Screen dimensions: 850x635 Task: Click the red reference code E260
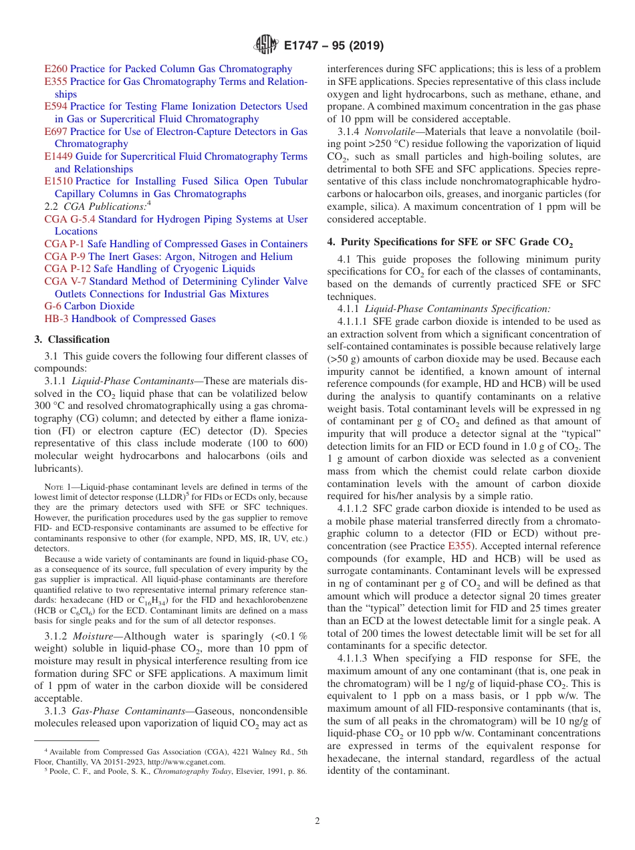[x=55, y=69]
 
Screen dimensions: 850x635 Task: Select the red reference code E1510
[x=58, y=182]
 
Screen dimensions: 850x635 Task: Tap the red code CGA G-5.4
[x=70, y=219]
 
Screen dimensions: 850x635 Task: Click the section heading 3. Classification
[x=72, y=339]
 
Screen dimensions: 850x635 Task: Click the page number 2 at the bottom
[x=317, y=821]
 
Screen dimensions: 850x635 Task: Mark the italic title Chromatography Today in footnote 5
[x=188, y=771]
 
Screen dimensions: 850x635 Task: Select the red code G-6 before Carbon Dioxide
[x=53, y=307]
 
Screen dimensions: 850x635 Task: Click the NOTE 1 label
[x=58, y=487]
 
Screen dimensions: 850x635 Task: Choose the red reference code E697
[x=55, y=132]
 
